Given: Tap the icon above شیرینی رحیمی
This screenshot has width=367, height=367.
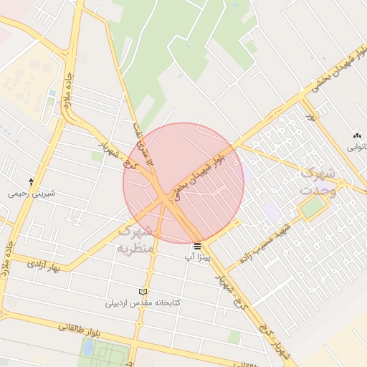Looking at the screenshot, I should click(31, 182).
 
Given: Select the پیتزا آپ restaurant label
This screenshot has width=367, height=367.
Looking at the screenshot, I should click(198, 257).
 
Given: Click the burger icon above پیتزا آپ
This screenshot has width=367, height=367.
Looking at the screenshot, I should click(198, 246).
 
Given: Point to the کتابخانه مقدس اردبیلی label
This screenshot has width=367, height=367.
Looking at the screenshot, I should click(143, 302).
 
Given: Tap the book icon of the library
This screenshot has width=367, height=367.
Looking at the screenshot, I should click(143, 292).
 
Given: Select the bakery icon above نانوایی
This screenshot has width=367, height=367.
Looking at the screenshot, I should click(357, 135).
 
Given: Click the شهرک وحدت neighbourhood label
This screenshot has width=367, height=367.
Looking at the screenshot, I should click(318, 182).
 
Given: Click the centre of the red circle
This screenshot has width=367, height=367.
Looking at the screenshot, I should click(183, 183).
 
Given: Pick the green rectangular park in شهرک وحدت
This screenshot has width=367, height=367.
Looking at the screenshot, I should click(313, 208).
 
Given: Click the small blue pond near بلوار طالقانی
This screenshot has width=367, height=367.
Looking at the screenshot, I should click(87, 348).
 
